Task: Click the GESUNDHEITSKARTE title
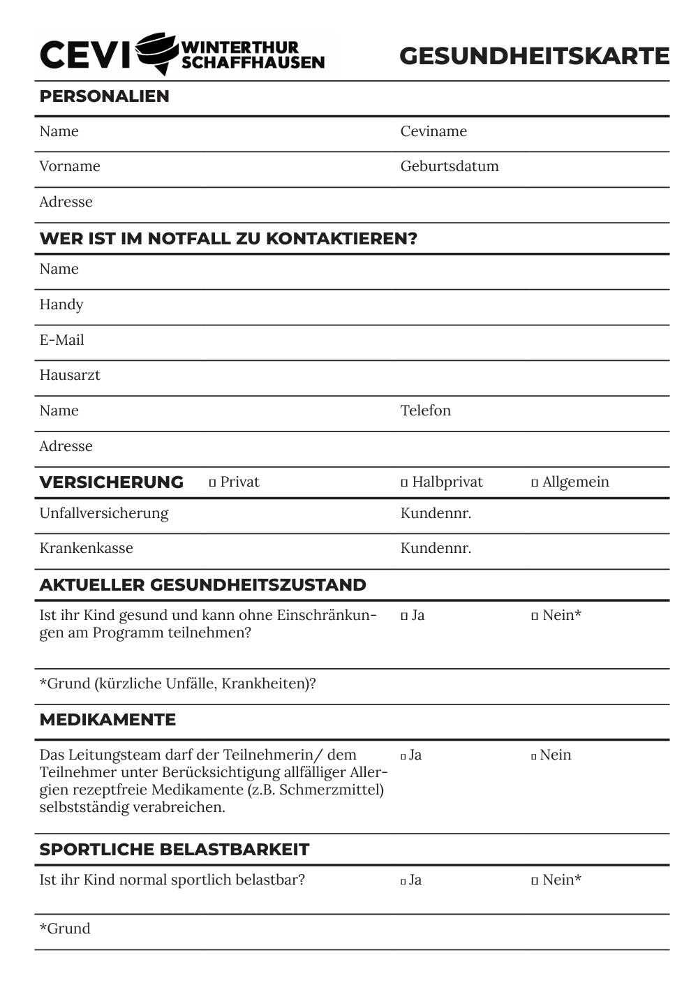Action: [x=534, y=56]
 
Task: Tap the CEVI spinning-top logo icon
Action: [x=156, y=53]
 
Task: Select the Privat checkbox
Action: [x=213, y=483]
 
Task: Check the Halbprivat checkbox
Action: [x=404, y=483]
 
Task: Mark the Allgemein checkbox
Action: [x=535, y=483]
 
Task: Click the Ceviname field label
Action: [x=433, y=131]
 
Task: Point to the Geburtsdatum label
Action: [x=450, y=166]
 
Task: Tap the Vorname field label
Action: [x=70, y=166]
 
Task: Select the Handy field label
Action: [x=61, y=304]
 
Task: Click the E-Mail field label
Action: [x=61, y=340]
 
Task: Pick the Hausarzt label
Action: [x=70, y=375]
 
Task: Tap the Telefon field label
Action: [x=426, y=411]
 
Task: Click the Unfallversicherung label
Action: [x=104, y=513]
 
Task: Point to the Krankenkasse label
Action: [x=86, y=548]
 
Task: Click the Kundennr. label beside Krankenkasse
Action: [x=436, y=548]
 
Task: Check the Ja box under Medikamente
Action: [x=403, y=756]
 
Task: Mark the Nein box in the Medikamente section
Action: [x=534, y=756]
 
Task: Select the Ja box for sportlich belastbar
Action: [x=403, y=881]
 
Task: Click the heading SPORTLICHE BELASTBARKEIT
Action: [x=174, y=850]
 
